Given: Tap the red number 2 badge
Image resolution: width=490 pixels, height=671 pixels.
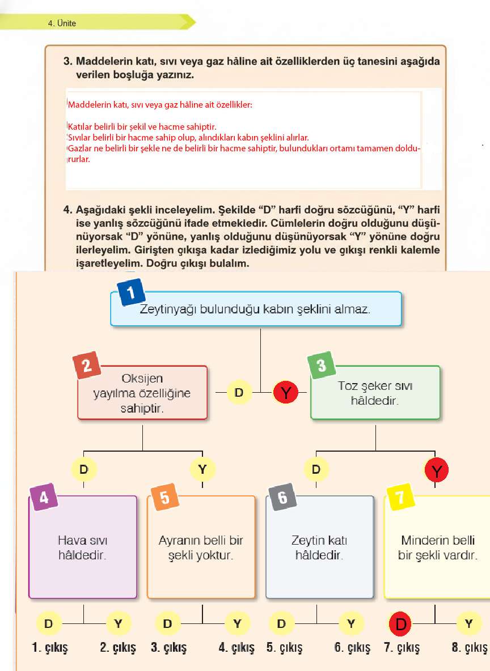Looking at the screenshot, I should pyautogui.click(x=87, y=366).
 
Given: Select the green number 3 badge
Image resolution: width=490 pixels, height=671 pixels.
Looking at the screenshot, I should pyautogui.click(x=322, y=366).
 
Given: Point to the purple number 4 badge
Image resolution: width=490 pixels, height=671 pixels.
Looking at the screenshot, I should pyautogui.click(x=44, y=498).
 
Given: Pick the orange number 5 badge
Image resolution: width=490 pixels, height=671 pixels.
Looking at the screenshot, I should pyautogui.click(x=164, y=498).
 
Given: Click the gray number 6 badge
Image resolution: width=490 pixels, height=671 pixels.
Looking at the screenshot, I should pyautogui.click(x=282, y=498).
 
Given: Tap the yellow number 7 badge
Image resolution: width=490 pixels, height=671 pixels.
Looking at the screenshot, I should pyautogui.click(x=400, y=498).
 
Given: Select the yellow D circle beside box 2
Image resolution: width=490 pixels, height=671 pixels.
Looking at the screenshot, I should pyautogui.click(x=240, y=392).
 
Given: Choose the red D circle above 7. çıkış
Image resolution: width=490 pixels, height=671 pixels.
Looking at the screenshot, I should pyautogui.click(x=402, y=624).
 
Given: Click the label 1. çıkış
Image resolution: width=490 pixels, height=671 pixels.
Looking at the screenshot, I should pyautogui.click(x=50, y=648).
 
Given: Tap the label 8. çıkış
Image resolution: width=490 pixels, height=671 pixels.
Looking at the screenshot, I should pyautogui.click(x=470, y=648).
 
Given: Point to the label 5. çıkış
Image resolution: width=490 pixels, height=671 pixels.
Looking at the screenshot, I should pyautogui.click(x=285, y=648).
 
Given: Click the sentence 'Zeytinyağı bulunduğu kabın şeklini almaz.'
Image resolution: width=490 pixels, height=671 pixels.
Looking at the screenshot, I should pyautogui.click(x=255, y=310).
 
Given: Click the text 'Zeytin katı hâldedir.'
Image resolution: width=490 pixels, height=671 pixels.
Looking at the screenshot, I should pyautogui.click(x=319, y=547).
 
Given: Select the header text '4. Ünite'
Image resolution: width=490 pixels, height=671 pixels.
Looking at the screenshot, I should pyautogui.click(x=62, y=23).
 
